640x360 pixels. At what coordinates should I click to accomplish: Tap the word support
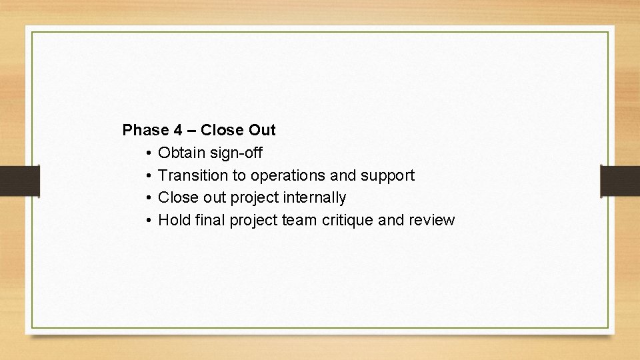(x=387, y=176)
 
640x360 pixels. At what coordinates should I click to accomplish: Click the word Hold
(x=175, y=220)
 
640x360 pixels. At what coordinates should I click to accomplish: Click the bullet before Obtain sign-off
(x=147, y=154)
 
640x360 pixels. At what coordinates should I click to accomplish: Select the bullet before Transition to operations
(x=147, y=176)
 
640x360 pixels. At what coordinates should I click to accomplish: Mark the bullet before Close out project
(x=147, y=198)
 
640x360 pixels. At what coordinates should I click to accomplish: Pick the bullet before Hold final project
(x=147, y=221)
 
